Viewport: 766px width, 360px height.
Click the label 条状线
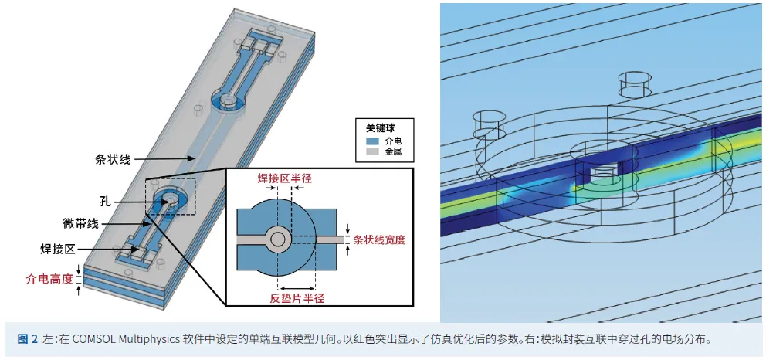coord(112,159)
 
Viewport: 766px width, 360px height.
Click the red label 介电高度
coord(50,280)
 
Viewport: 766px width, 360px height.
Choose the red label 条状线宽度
coord(379,240)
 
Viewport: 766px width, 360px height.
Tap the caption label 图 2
coord(28,339)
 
